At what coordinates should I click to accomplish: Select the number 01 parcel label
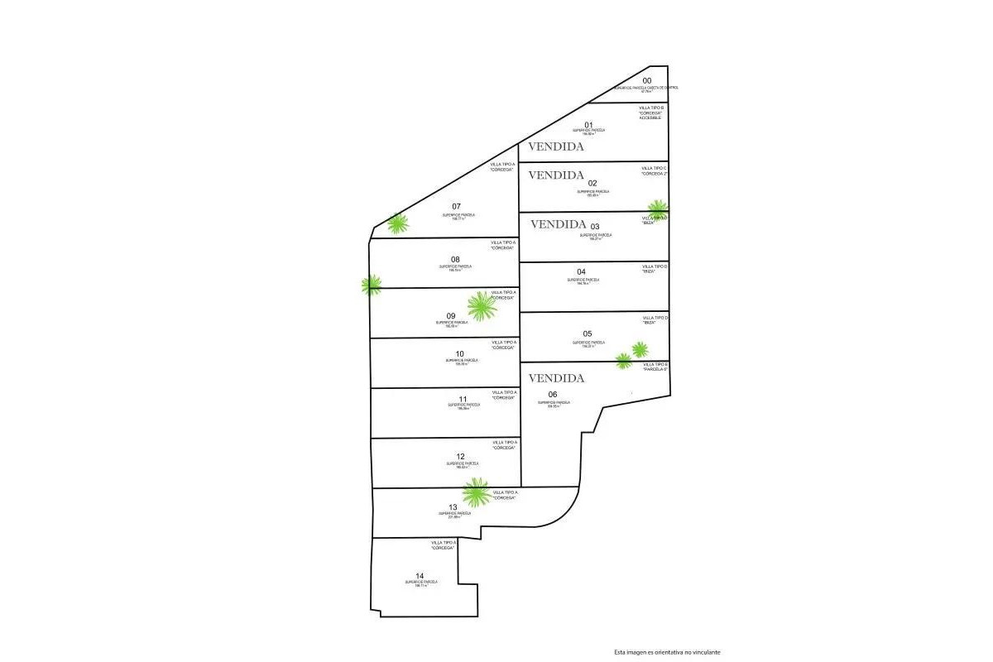click(x=589, y=125)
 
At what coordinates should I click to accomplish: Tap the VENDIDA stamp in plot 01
click(x=556, y=146)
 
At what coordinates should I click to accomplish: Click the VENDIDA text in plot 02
click(x=556, y=175)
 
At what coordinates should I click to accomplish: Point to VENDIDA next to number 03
click(x=558, y=223)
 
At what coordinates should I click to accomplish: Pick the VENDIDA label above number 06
click(x=556, y=378)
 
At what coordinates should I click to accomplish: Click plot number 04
click(x=581, y=272)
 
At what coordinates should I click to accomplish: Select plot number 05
click(x=588, y=334)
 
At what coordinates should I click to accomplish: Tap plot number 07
click(x=456, y=206)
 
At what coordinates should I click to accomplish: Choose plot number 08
click(x=455, y=259)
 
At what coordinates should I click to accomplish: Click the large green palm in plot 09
click(x=481, y=306)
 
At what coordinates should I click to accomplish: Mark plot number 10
click(x=459, y=354)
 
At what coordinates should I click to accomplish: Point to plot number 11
click(x=463, y=399)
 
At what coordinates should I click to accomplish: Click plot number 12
click(x=460, y=457)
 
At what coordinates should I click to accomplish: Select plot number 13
click(x=453, y=507)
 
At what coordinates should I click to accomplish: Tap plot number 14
click(x=420, y=576)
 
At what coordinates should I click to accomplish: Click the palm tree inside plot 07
click(x=398, y=223)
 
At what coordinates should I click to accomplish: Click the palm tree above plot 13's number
click(x=476, y=493)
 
